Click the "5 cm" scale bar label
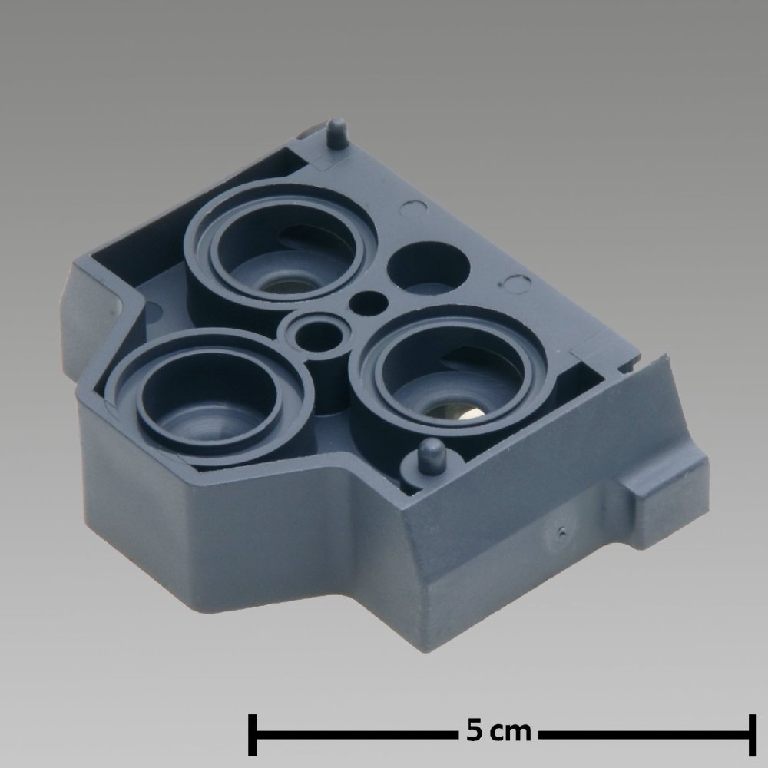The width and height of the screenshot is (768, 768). coord(498,730)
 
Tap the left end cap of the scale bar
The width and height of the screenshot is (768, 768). coord(253,736)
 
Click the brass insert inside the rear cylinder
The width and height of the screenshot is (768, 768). coord(281,286)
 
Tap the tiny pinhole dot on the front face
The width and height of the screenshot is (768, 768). coord(563,530)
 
